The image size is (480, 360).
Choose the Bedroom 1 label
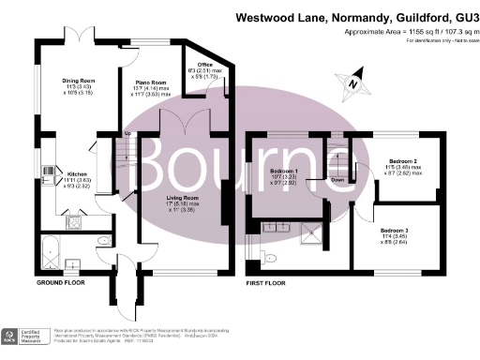tap(284, 172)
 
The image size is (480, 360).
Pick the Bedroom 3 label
tap(396, 229)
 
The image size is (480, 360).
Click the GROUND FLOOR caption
tap(64, 282)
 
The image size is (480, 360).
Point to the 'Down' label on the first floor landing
tap(337, 179)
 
